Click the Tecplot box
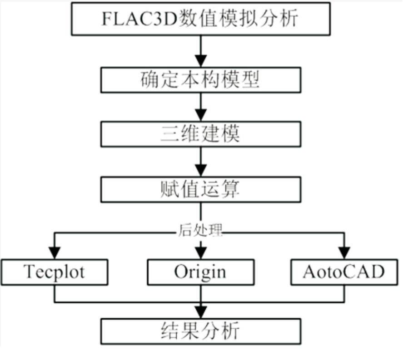55,272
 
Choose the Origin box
200,272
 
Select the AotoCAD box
344,272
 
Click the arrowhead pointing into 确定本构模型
200,61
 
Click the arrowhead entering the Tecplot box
55,253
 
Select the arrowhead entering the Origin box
200,253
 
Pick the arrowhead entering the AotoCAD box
344,253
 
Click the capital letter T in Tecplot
28,272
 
